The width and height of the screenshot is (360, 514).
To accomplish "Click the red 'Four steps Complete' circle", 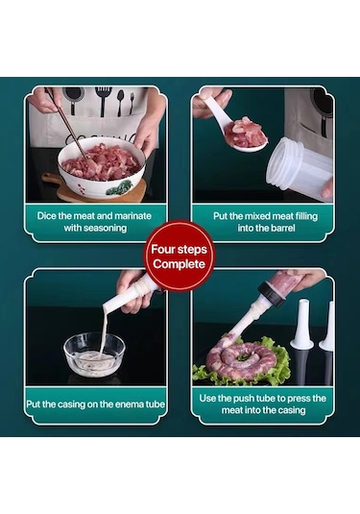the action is tap(179, 256).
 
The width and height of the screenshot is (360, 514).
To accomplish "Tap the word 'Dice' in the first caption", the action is tap(46, 216).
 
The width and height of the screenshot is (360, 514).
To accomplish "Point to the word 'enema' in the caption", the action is tap(124, 404).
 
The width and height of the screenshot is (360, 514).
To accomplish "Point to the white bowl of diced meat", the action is tap(101, 166).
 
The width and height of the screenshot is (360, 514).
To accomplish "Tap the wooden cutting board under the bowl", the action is tap(94, 188).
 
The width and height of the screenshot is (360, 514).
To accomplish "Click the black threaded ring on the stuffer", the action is tap(272, 294).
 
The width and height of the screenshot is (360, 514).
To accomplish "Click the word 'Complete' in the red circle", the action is tap(179, 264).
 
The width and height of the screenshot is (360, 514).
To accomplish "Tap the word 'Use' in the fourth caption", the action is tap(207, 399).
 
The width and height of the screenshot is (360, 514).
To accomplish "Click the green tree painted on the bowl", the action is tap(119, 187).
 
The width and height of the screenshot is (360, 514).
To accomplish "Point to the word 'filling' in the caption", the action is tap(306, 216).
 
